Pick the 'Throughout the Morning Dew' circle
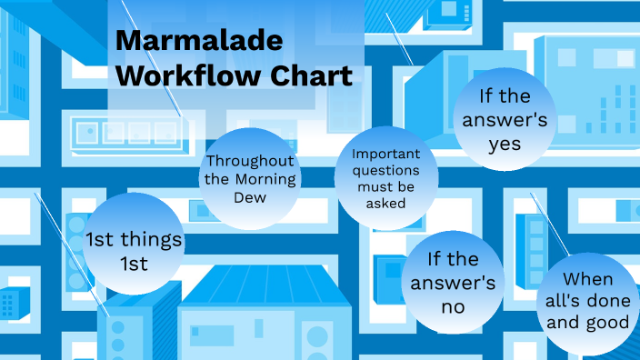coord(250,179)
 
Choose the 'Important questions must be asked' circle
coord(385,179)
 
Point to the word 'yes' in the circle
coord(505,144)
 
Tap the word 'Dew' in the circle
coord(250,196)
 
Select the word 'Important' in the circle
coord(385,155)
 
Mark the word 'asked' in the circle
coord(385,204)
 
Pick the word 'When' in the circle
coord(587,279)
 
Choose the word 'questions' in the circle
coord(385,171)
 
